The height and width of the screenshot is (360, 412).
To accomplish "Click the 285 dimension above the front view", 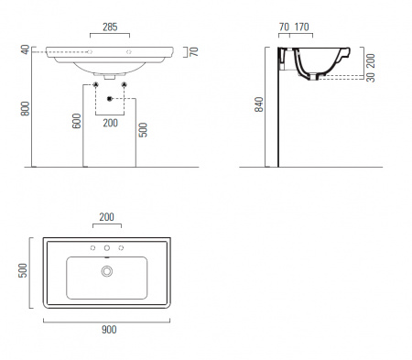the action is tap(110, 27).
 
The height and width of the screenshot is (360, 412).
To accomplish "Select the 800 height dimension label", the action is tap(26, 109).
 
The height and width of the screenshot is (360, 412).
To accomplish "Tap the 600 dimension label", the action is tap(77, 121).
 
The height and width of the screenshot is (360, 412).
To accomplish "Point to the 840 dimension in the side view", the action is tap(259, 104).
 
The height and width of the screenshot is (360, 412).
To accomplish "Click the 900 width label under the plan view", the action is tap(109, 330).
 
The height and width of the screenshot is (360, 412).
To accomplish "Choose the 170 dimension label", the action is tap(301, 27).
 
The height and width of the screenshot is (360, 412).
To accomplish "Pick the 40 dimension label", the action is tap(26, 49).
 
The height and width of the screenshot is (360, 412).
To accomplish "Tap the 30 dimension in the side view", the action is tap(371, 77).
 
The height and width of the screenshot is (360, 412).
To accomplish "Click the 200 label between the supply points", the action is tap(110, 123).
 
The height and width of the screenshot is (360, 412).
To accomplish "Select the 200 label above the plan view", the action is tap(106, 217).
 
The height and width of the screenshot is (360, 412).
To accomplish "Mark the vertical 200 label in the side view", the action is tap(371, 60).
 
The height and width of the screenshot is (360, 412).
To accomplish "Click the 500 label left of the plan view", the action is tap(23, 270).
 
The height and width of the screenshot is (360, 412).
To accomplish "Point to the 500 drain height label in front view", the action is tap(143, 130).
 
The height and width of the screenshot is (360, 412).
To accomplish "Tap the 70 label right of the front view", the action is tap(194, 52).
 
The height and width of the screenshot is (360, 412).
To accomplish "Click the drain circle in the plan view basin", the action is tap(107, 271).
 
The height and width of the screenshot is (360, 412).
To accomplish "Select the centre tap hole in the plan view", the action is tap(107, 248).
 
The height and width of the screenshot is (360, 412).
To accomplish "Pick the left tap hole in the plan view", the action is tap(92, 248).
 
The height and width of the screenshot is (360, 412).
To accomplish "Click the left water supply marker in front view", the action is tap(96, 84).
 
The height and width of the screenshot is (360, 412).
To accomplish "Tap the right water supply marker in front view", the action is tap(124, 84).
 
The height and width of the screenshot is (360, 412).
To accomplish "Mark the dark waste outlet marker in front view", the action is tap(110, 99).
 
